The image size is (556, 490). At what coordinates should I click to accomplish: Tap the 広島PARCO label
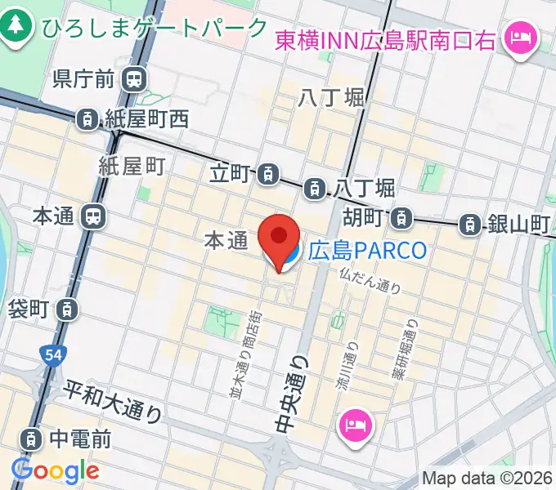click(367, 249)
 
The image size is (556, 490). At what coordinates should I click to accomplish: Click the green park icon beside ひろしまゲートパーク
click(15, 26)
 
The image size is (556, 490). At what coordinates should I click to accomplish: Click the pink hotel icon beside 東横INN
click(518, 37)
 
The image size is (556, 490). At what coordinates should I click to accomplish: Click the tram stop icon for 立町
click(267, 173)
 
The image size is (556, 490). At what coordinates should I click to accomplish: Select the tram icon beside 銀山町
click(469, 222)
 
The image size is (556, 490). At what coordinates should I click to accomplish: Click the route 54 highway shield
click(51, 354)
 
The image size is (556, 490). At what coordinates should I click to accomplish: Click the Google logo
click(55, 470)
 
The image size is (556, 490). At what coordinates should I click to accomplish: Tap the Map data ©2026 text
click(487, 479)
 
